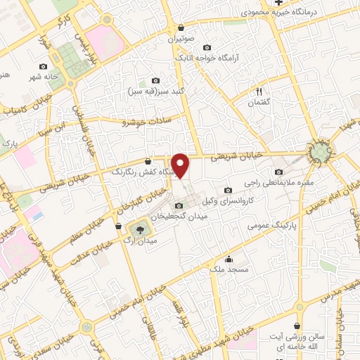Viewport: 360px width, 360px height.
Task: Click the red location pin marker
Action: click(x=181, y=166)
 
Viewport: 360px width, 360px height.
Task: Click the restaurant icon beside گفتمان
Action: click(x=259, y=91)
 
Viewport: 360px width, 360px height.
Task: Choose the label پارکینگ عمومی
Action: click(x=271, y=227)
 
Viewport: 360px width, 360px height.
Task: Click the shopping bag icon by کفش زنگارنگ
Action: click(x=147, y=160)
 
